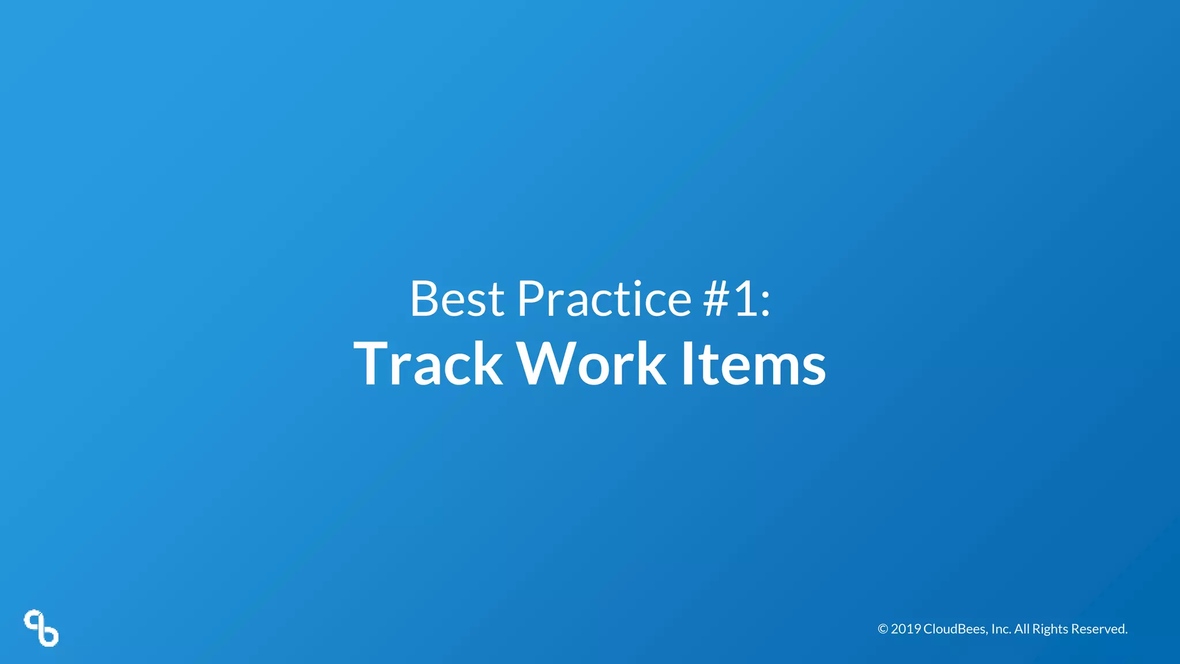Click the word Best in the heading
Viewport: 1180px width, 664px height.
tap(457, 299)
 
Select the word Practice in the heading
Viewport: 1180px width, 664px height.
tap(604, 299)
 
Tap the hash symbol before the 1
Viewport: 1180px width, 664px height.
tap(717, 299)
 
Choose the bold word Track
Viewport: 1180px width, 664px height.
tap(428, 364)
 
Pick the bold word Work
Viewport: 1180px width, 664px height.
tap(592, 364)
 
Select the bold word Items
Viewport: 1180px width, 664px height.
tap(753, 364)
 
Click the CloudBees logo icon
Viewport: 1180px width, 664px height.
tap(41, 628)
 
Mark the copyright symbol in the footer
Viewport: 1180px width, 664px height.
tap(883, 629)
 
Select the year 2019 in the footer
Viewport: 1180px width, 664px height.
tap(906, 629)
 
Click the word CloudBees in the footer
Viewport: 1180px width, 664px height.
tap(955, 629)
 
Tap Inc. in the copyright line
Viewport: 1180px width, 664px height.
tap(1001, 629)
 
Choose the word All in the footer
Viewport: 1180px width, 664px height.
tap(1022, 629)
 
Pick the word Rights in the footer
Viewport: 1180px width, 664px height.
tap(1050, 629)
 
